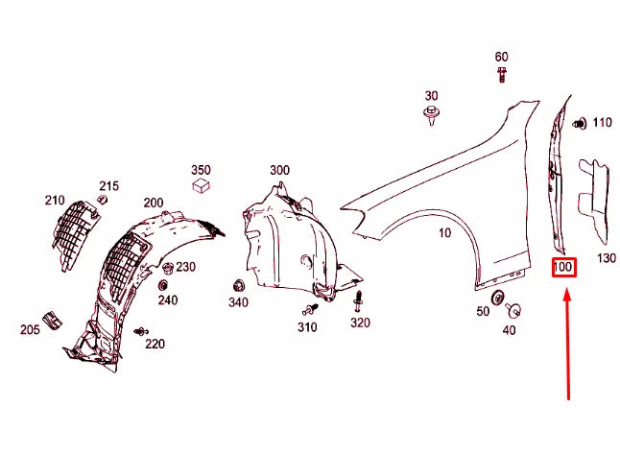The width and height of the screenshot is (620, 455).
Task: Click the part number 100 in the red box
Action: coord(562,268)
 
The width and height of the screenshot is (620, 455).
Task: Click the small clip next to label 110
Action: coord(580,123)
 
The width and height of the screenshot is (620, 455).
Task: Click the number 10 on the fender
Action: coord(445,233)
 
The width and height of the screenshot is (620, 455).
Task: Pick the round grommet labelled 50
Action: coord(497,299)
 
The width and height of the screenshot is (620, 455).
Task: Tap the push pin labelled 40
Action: coord(515,311)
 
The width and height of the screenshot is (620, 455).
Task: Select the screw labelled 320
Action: coord(359,301)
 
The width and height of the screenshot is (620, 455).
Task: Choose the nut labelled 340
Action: coord(238,285)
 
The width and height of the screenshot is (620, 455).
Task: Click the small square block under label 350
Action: coord(201,184)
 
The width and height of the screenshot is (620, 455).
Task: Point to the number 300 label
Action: coord(279,170)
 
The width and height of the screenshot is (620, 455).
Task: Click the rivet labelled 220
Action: coord(141,331)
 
